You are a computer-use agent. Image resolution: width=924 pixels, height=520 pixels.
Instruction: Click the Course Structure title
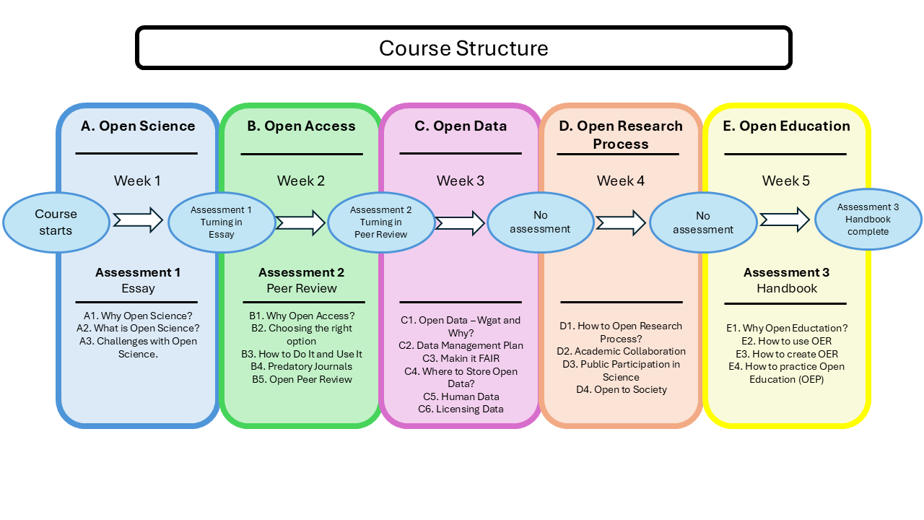(463, 48)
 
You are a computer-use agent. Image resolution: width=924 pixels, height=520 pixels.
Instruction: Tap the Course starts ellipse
(56, 222)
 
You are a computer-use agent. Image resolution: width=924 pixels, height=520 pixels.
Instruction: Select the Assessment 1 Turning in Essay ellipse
(222, 222)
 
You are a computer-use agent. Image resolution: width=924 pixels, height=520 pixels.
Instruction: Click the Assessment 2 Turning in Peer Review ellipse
(381, 222)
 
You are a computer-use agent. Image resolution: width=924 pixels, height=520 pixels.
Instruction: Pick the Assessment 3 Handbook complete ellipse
(868, 220)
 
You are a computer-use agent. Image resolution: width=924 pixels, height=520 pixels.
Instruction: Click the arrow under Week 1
(138, 220)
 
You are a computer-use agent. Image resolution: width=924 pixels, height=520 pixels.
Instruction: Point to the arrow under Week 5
(785, 220)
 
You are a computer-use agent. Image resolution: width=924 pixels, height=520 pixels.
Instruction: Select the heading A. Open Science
(138, 126)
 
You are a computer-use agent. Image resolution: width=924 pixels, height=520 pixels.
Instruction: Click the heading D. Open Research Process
(621, 134)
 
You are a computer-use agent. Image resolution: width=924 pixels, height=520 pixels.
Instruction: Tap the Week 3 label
(461, 181)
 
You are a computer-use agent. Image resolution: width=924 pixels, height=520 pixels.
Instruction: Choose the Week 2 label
(301, 181)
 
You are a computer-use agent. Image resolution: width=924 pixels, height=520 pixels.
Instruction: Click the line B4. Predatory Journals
(301, 367)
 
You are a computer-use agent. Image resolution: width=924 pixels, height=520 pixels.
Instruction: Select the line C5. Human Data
(461, 396)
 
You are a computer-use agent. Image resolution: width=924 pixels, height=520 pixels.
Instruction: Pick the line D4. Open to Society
(621, 390)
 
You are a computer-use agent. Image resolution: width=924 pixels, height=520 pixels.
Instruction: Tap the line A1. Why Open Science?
(138, 316)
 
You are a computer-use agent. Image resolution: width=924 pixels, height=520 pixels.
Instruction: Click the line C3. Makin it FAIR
(461, 358)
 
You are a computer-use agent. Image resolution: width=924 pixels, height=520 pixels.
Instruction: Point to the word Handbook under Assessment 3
(787, 288)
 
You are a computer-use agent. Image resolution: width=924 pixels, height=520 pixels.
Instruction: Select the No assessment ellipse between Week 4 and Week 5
(703, 222)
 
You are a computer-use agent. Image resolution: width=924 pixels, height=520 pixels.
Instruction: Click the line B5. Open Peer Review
(301, 379)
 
